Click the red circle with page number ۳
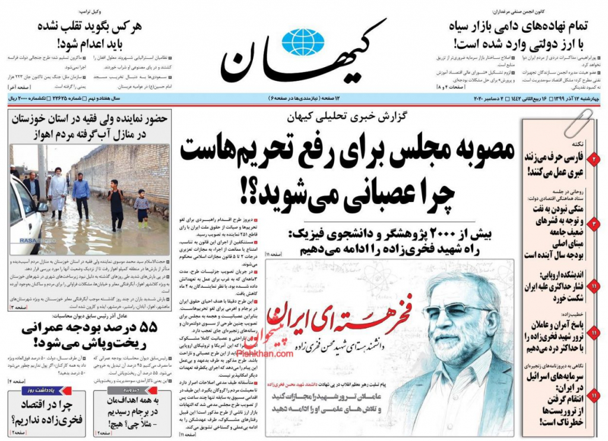[594, 224]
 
